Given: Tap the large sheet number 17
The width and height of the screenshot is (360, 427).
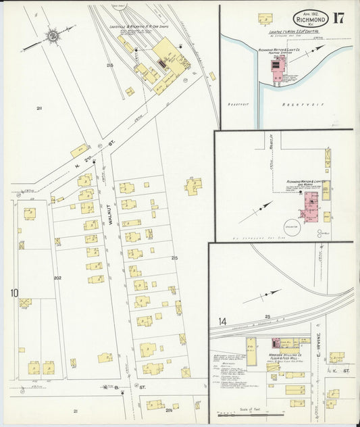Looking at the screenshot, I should click(338, 18).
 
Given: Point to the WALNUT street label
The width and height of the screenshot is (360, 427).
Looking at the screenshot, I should click(107, 220).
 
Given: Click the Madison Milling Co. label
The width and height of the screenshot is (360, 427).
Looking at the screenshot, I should click(288, 358).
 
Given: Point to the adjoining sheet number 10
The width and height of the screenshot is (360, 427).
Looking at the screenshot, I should click(14, 293).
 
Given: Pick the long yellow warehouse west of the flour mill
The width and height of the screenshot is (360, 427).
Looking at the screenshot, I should click(251, 352).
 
